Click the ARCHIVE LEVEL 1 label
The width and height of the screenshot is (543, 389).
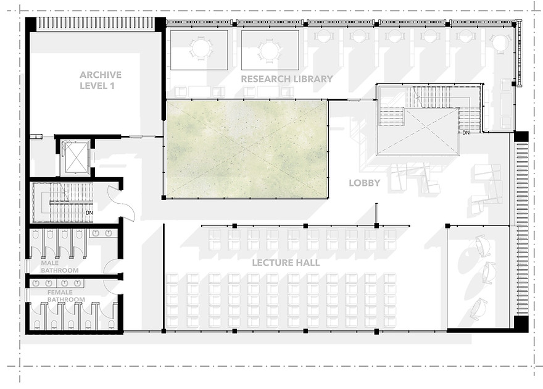[101, 80]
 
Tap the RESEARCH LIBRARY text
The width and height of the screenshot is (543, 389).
[287, 79]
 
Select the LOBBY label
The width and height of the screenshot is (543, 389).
[364, 183]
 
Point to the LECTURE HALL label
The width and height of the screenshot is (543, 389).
[286, 262]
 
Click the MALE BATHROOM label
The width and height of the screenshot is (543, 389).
[60, 267]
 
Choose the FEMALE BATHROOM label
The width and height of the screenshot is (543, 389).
[66, 296]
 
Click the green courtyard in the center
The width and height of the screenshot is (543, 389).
[246, 149]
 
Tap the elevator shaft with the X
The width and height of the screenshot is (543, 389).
[75, 157]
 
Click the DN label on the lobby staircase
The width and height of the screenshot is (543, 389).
[466, 133]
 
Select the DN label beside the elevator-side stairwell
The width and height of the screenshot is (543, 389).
[89, 212]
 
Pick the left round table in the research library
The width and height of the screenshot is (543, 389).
[199, 49]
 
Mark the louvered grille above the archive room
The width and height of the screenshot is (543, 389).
[95, 23]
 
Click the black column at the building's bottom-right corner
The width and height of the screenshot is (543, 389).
[521, 324]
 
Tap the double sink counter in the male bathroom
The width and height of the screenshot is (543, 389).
[103, 233]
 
